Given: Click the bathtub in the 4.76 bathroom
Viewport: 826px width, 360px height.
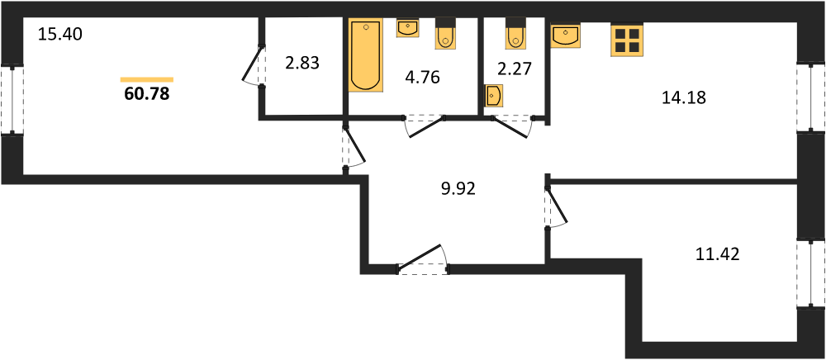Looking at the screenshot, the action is [365, 55].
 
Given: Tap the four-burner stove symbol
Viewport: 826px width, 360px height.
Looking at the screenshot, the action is [627, 40].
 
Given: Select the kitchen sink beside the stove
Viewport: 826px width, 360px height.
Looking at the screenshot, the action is [565, 36].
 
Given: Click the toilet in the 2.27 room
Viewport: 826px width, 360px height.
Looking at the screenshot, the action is [515, 33].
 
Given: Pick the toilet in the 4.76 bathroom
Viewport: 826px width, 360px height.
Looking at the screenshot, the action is [444, 33].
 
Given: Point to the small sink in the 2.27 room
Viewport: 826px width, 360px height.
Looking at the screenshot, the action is [492, 97].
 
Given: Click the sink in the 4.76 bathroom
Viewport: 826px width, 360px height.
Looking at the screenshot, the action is [407, 28].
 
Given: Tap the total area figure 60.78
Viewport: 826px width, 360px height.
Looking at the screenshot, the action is [147, 94].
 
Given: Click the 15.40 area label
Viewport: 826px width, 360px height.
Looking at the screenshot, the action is [60, 36].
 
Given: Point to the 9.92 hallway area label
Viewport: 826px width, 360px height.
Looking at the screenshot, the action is [458, 188].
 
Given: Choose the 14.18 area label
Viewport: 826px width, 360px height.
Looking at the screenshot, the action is [683, 97].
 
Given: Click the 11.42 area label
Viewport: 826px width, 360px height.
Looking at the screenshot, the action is [717, 255].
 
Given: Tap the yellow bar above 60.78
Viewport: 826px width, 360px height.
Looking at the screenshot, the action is [147, 79].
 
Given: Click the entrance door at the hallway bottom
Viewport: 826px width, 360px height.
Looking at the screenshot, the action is [422, 261].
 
